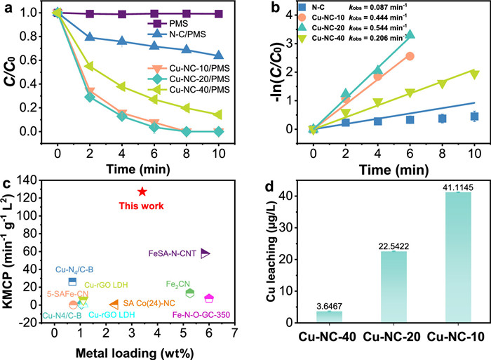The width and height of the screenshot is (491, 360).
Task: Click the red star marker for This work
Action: click(x=142, y=192)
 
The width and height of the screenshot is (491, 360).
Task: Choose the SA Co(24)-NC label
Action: click(x=148, y=303)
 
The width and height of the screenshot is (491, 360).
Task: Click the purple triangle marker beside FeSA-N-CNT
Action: click(x=206, y=253)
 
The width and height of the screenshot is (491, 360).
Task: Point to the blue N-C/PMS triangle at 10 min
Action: click(x=219, y=55)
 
